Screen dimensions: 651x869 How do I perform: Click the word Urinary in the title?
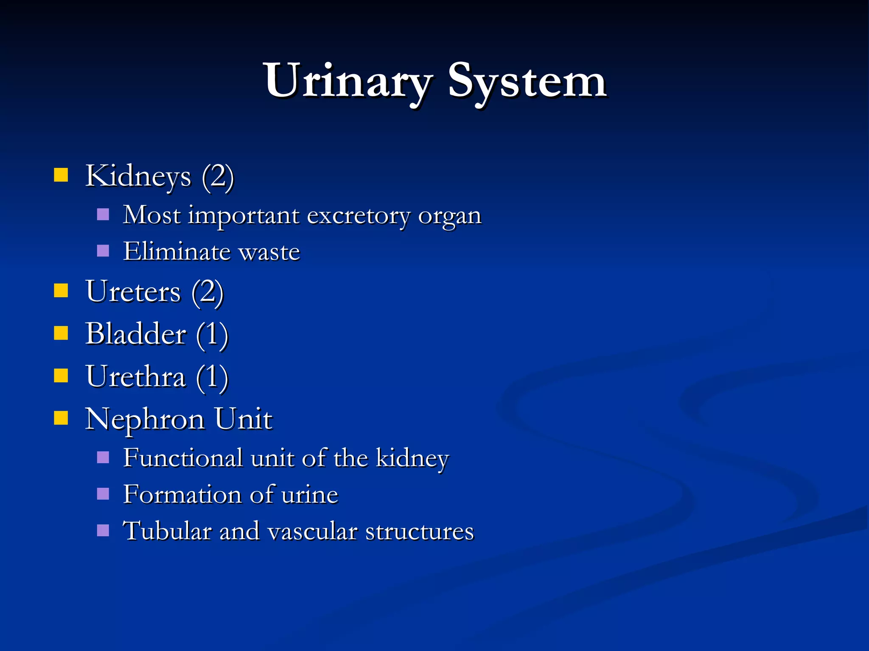pyautogui.click(x=348, y=81)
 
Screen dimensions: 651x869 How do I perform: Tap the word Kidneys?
pyautogui.click(x=138, y=175)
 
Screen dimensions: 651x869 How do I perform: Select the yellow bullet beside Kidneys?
pyautogui.click(x=61, y=175)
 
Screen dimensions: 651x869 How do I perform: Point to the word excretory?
pyautogui.click(x=359, y=215)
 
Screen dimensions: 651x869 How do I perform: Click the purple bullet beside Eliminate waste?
pyautogui.click(x=103, y=251)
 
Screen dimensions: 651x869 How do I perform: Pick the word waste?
pyautogui.click(x=269, y=252)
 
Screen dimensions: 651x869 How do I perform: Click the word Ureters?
pyautogui.click(x=133, y=292)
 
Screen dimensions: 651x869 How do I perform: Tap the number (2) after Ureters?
pyautogui.click(x=207, y=292)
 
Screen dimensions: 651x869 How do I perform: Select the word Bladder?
pyautogui.click(x=136, y=334)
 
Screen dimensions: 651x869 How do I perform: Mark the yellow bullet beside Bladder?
pyautogui.click(x=61, y=333)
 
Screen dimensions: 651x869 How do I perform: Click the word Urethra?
pyautogui.click(x=136, y=376)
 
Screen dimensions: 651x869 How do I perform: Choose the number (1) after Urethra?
pyautogui.click(x=212, y=377)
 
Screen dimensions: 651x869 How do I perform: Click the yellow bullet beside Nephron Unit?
pyautogui.click(x=61, y=418)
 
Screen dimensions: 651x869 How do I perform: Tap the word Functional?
pyautogui.click(x=183, y=458)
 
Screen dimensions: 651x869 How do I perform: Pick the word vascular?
pyautogui.click(x=313, y=531)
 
